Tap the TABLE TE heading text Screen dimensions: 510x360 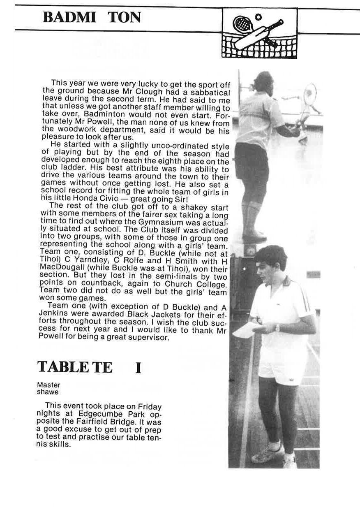coord(74,366)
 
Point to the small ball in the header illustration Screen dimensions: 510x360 coord(258,17)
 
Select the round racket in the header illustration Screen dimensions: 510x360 coord(240,23)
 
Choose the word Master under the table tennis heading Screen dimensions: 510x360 coord(48,385)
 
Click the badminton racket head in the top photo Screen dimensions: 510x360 coord(310,94)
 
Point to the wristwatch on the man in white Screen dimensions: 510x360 coord(278,328)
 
